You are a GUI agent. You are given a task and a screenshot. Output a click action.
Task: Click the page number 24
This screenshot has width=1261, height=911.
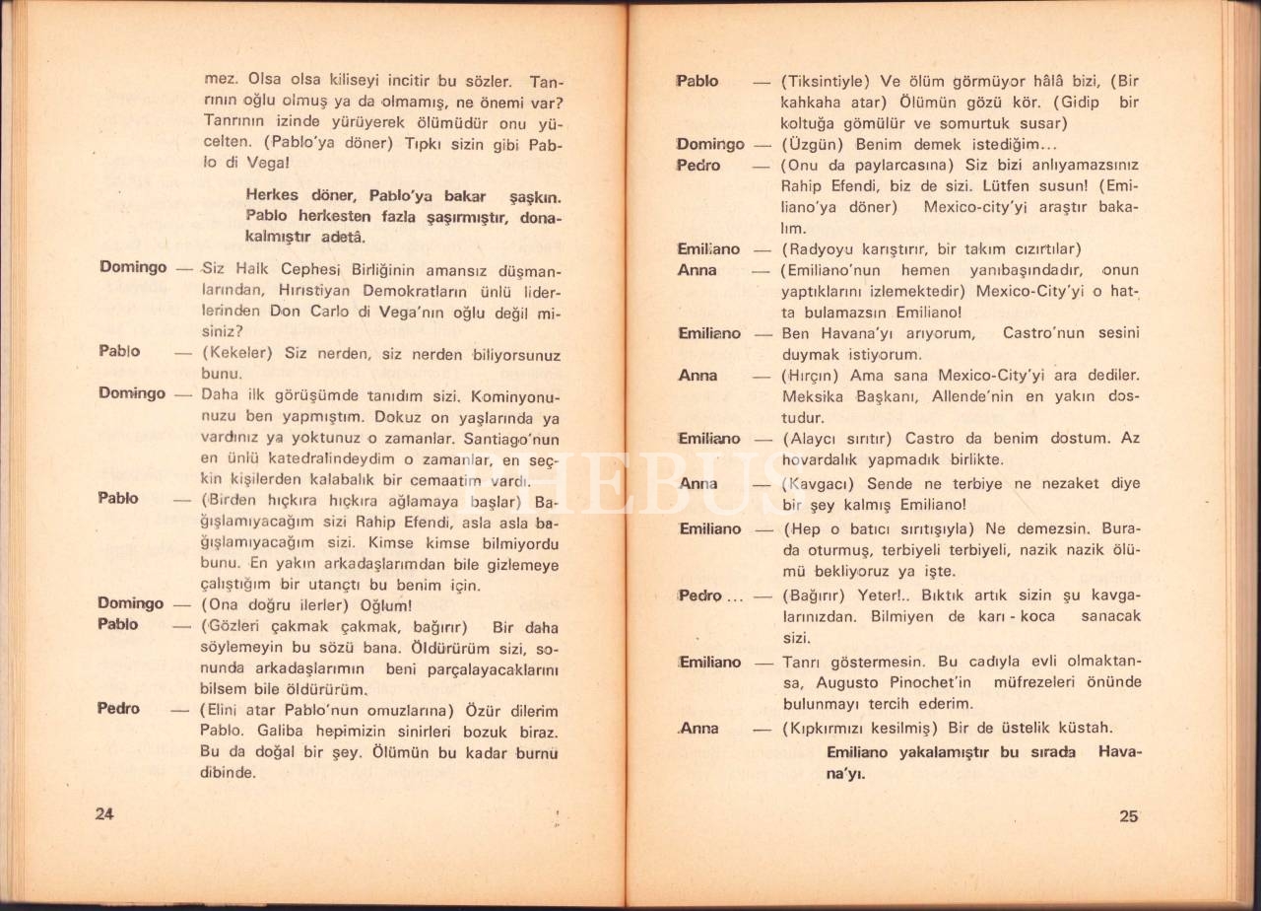point(105,813)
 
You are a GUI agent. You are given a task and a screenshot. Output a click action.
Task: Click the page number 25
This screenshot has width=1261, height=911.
point(1129,815)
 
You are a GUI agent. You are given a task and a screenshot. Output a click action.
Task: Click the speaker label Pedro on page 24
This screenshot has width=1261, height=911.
point(118,709)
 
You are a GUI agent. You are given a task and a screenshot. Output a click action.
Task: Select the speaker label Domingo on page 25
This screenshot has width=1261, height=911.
point(710,145)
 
